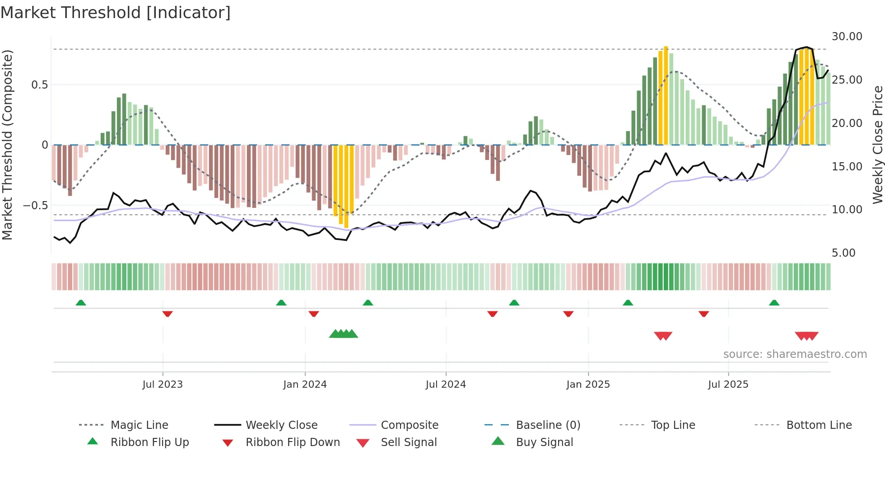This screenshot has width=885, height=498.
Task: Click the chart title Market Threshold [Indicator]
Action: click(116, 13)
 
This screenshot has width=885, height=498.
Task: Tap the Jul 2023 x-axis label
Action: click(163, 385)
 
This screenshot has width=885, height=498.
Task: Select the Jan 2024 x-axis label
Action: click(305, 385)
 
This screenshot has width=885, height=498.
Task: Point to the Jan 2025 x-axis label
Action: click(588, 385)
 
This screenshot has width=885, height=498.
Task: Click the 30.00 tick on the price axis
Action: click(847, 37)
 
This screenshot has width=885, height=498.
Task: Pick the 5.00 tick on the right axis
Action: click(843, 253)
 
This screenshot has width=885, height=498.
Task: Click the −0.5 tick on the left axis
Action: click(36, 206)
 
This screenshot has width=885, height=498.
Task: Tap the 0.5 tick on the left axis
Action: click(39, 85)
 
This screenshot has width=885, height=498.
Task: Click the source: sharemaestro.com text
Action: click(795, 354)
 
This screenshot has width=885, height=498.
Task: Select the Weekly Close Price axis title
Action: click(877, 145)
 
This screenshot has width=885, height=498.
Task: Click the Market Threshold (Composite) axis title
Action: click(7, 145)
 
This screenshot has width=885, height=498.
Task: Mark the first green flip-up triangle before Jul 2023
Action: click(81, 303)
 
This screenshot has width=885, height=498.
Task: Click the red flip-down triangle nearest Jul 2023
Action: click(168, 314)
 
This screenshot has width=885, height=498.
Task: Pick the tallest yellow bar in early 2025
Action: click(666, 95)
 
